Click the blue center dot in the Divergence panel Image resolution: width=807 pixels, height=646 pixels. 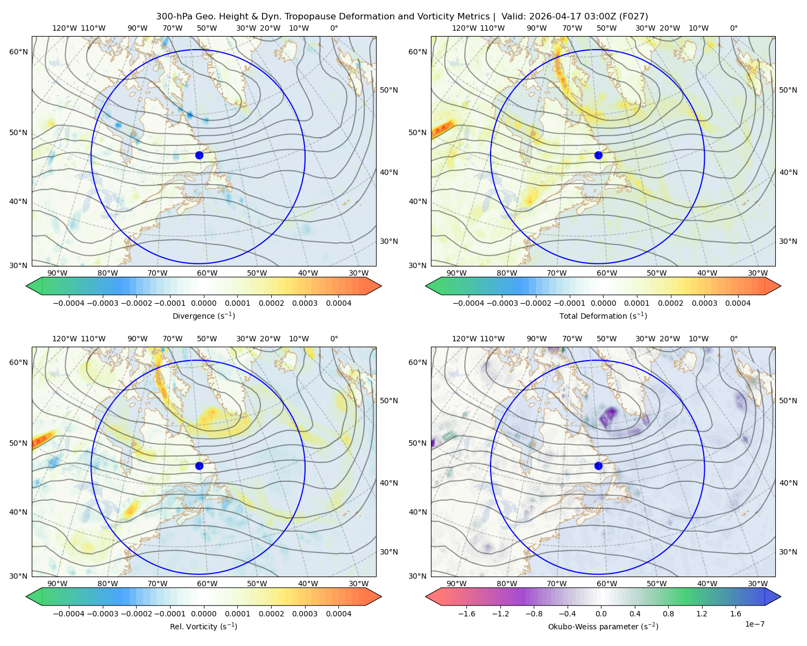coord(199,155)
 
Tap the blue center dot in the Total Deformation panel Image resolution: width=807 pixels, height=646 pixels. coord(598,155)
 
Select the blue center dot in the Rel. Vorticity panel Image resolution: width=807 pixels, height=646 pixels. coord(199,466)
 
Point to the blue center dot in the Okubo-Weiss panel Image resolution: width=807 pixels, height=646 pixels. coord(598,466)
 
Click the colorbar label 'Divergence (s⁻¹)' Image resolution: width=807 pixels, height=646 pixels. coord(203,315)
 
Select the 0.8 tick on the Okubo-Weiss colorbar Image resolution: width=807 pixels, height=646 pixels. coord(668,614)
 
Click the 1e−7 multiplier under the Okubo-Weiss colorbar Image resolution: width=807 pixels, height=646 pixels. coord(754,624)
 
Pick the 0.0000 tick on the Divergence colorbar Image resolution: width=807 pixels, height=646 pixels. coord(203,303)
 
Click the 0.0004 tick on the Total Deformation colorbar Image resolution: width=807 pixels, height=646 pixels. coord(738,303)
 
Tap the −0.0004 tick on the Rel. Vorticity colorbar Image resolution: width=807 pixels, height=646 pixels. coord(69,614)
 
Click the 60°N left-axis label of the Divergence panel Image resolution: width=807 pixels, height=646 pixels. coord(18,52)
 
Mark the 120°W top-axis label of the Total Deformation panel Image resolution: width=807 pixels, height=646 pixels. coord(464,28)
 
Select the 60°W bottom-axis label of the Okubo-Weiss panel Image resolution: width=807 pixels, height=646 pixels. coord(607,584)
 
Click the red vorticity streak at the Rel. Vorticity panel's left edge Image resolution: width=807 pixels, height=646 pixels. coord(43,439)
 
